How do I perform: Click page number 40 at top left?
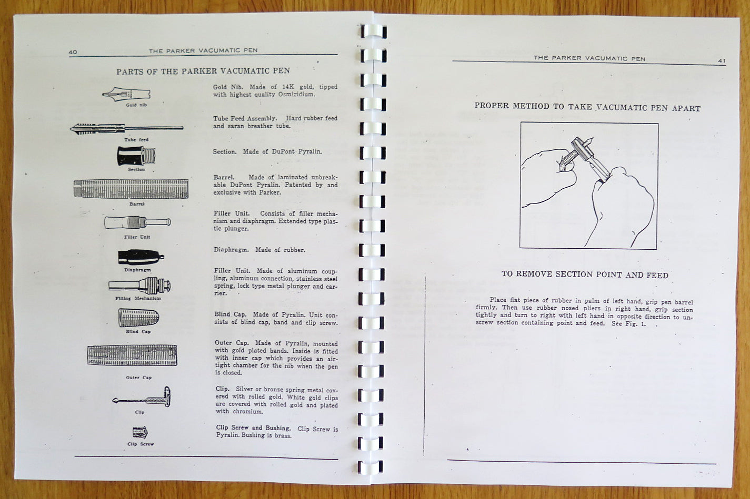73,52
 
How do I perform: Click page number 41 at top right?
721,60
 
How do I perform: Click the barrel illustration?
131,189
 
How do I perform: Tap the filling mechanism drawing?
140,286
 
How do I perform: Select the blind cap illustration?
138,318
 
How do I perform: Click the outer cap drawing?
132,355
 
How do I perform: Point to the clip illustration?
142,398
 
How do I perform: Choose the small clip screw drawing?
141,433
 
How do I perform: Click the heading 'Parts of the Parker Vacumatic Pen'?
203,71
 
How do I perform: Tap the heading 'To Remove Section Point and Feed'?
585,274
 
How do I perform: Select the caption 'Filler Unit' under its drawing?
137,237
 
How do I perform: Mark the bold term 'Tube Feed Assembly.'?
245,118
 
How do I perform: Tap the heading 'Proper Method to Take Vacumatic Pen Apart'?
587,107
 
